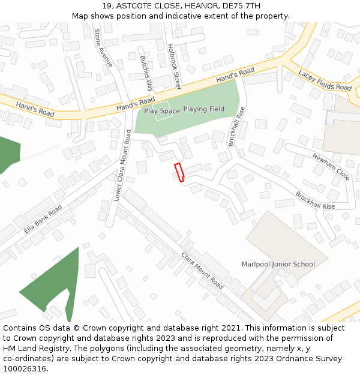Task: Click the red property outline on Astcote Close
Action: (x=179, y=172)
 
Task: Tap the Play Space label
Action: (x=162, y=111)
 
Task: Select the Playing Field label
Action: (x=203, y=109)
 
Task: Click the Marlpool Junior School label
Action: (x=278, y=264)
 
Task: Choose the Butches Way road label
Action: (x=146, y=73)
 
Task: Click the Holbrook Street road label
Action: (x=174, y=62)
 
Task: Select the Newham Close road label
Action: (x=331, y=166)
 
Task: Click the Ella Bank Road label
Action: (x=43, y=220)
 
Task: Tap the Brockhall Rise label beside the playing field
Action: (x=238, y=126)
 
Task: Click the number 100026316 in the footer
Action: (x=24, y=368)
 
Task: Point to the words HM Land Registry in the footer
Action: (x=34, y=348)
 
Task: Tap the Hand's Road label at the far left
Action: (x=35, y=109)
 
